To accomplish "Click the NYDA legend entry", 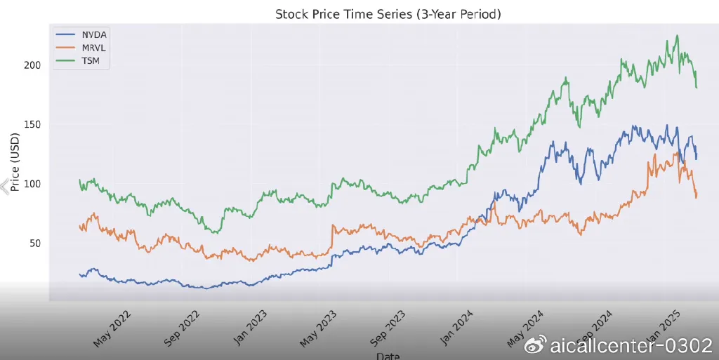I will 93,34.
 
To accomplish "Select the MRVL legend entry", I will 93,47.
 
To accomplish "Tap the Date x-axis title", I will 388,356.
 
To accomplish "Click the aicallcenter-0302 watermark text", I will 630,345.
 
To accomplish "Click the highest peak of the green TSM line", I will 677,35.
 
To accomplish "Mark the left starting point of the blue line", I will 79,274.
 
